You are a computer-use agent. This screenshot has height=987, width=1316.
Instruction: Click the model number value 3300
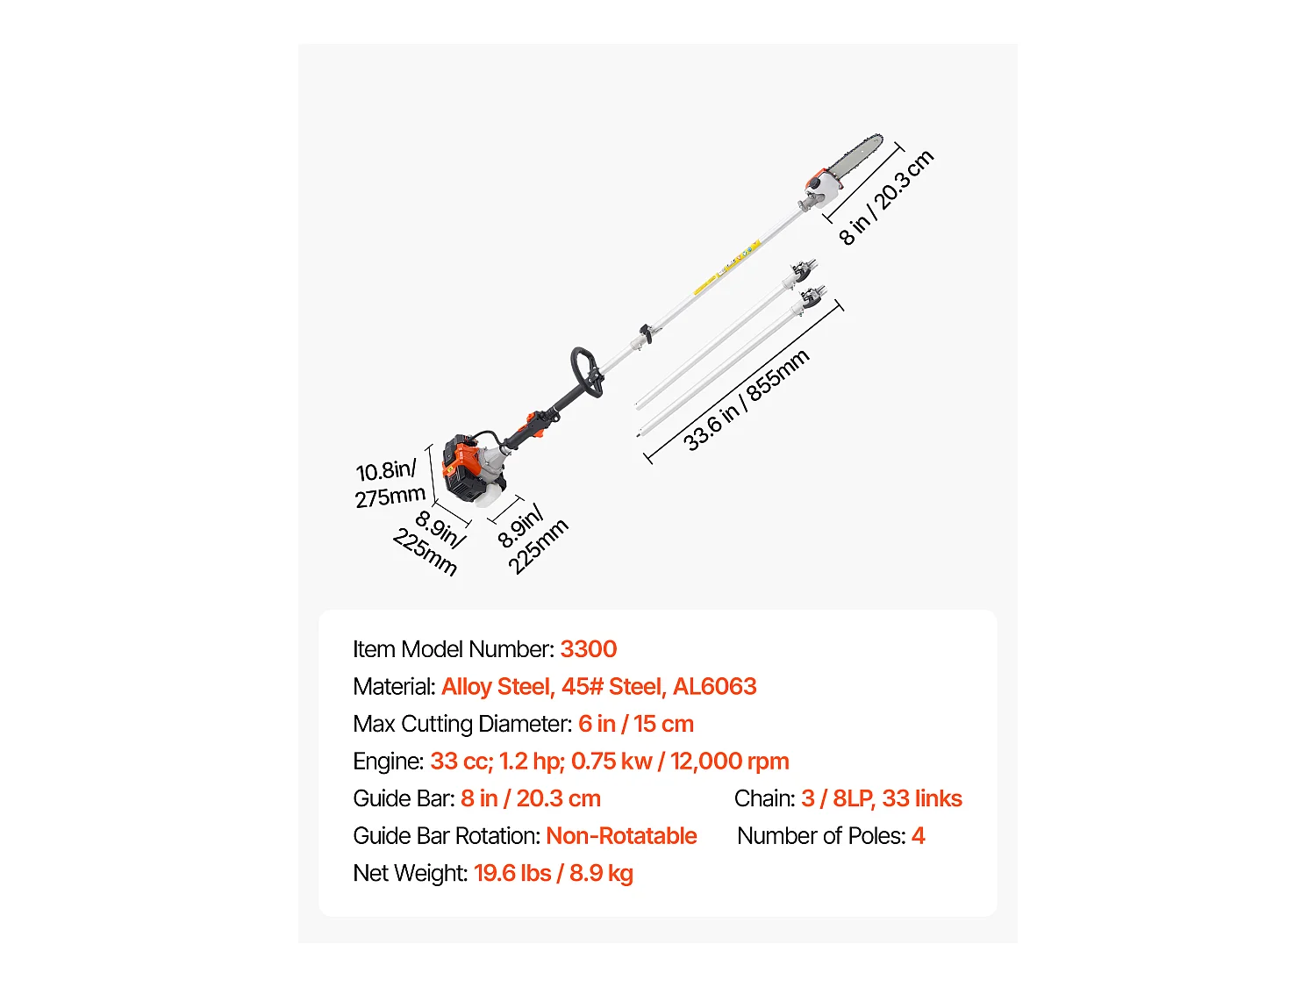coord(588,649)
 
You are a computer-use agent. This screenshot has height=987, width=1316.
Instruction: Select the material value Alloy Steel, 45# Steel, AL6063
coord(599,686)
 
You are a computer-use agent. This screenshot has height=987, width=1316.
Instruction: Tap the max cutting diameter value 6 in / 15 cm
coord(635,724)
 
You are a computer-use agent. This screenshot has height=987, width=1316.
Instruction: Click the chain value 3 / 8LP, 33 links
coord(882,799)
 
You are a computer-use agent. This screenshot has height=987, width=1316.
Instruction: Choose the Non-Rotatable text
coord(621,836)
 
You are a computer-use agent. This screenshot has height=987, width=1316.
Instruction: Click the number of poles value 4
coord(918,836)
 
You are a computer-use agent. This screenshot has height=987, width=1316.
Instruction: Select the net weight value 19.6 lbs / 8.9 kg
coord(554,873)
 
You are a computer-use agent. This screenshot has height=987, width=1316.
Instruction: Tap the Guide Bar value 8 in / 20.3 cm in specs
coord(531,799)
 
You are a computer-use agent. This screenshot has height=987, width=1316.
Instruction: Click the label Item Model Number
coord(454,649)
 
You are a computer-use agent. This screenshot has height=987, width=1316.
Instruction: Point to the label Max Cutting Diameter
coord(462,724)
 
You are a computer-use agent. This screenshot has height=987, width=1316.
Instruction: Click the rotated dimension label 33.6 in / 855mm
coord(747,400)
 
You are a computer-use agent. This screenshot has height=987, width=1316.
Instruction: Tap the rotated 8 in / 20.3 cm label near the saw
coord(886,197)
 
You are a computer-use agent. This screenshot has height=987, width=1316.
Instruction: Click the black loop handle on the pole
coord(586,371)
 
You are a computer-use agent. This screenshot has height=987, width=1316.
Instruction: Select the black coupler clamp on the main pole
coord(647,333)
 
